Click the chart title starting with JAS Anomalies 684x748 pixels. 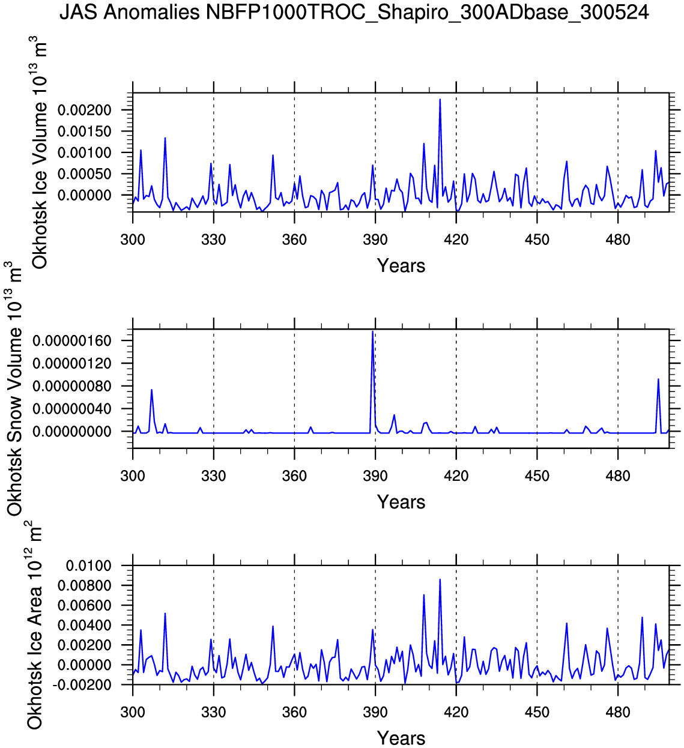pos(354,12)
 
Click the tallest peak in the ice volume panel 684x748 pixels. pos(440,100)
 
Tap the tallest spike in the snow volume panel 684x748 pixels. pos(373,331)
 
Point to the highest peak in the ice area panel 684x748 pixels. pos(440,580)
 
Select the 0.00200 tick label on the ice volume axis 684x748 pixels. pos(85,110)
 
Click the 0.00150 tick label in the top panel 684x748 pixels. pos(85,131)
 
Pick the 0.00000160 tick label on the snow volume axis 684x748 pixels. pos(72,341)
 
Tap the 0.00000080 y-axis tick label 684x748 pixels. pos(72,386)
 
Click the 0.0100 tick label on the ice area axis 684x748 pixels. pos(89,566)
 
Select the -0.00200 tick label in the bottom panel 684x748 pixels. pos(83,685)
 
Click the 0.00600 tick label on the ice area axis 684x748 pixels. pos(85,605)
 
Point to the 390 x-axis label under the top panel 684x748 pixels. pos(375,240)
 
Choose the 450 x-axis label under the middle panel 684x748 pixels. pos(537,477)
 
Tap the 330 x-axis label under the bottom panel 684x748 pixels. pos(213,713)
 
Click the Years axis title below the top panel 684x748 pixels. pos(401,266)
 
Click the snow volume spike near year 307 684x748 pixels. pos(151,390)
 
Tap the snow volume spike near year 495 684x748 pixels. pos(658,379)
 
